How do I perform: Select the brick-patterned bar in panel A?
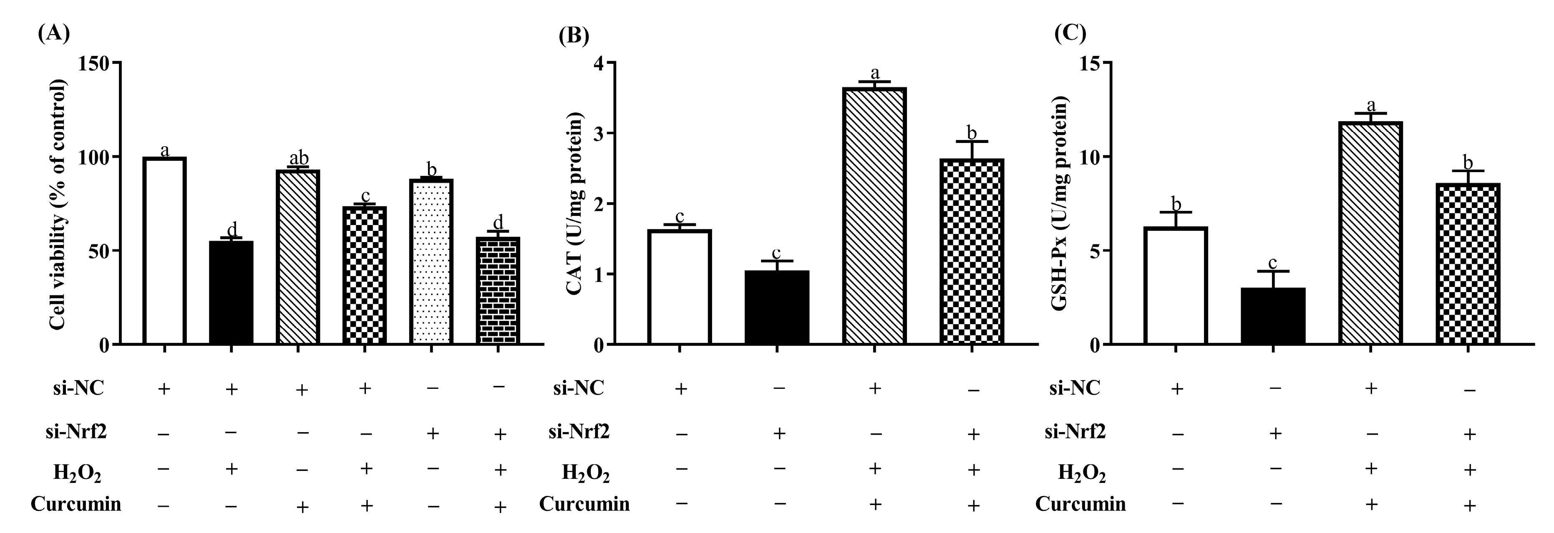pyautogui.click(x=498, y=290)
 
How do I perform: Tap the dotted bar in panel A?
pyautogui.click(x=431, y=262)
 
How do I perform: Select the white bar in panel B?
pyautogui.click(x=680, y=287)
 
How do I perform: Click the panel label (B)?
pyautogui.click(x=573, y=37)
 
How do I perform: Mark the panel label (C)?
pyautogui.click(x=1070, y=33)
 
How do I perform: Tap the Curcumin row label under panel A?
pyautogui.click(x=76, y=503)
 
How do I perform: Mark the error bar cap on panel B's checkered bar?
pyautogui.click(x=971, y=142)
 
